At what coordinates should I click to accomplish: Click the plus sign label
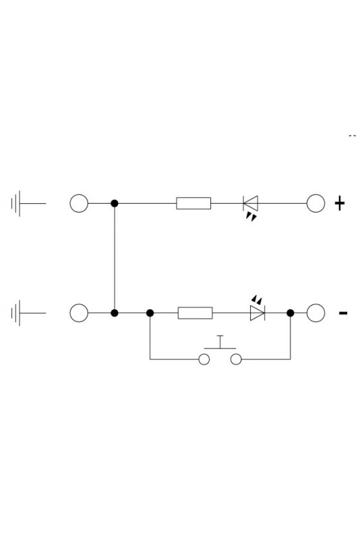pyautogui.click(x=339, y=203)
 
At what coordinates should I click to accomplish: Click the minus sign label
pyautogui.click(x=343, y=313)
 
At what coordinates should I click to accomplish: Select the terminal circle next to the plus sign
pyautogui.click(x=316, y=203)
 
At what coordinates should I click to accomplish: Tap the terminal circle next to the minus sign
pyautogui.click(x=316, y=313)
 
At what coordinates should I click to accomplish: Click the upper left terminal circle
pyautogui.click(x=79, y=203)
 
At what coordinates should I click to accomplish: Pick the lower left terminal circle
pyautogui.click(x=79, y=313)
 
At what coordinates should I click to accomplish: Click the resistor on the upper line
pyautogui.click(x=194, y=203)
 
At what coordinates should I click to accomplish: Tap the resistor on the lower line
pyautogui.click(x=195, y=313)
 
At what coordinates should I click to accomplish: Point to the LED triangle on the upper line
pyautogui.click(x=251, y=203)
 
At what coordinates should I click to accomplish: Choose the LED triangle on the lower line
pyautogui.click(x=257, y=313)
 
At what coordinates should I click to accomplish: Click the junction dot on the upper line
pyautogui.click(x=114, y=204)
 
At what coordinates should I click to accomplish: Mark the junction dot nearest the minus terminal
pyautogui.click(x=291, y=313)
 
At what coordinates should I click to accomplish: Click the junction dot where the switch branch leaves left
pyautogui.click(x=150, y=313)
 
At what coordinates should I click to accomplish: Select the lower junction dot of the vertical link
pyautogui.click(x=114, y=313)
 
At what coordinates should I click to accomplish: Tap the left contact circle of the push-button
pyautogui.click(x=204, y=359)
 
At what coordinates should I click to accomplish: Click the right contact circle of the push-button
pyautogui.click(x=236, y=359)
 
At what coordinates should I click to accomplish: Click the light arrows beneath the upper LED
pyautogui.click(x=251, y=217)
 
